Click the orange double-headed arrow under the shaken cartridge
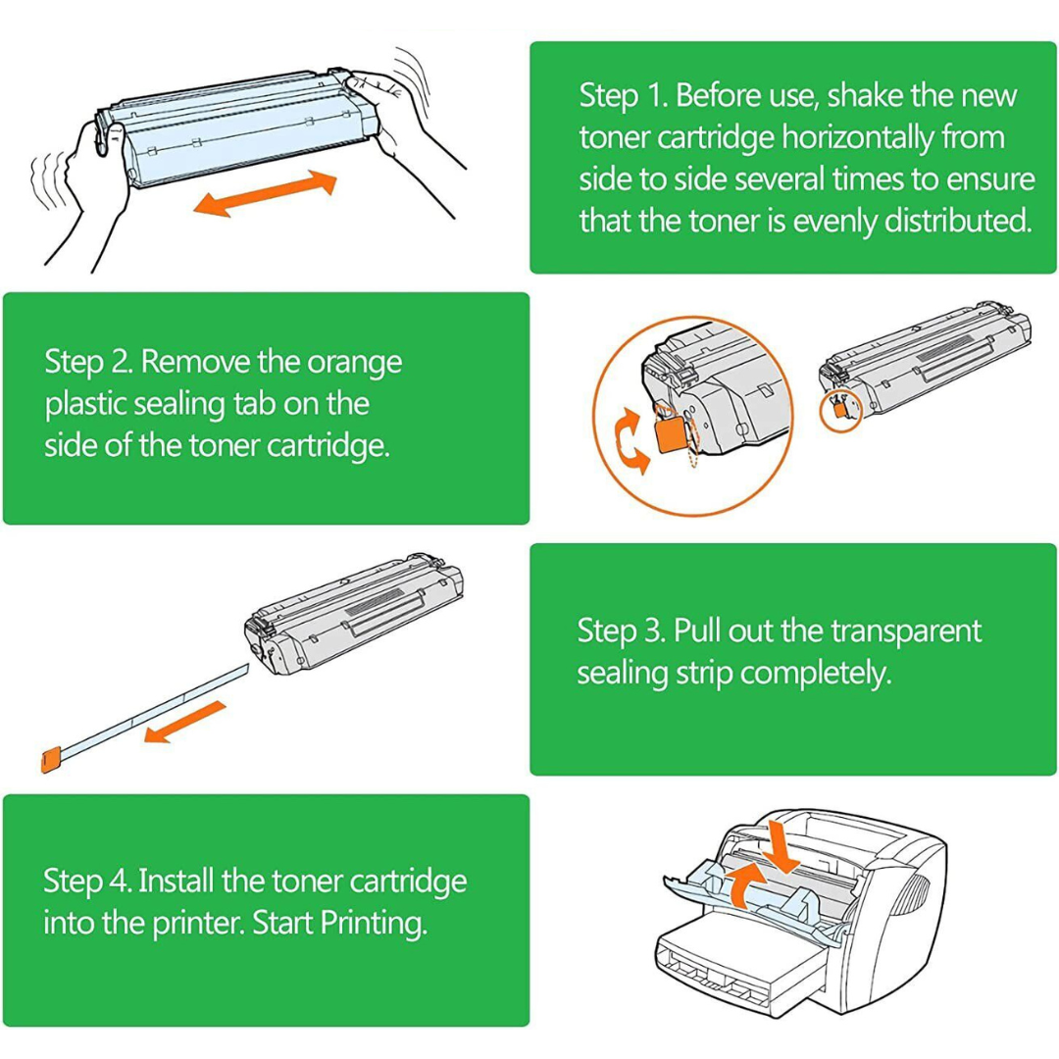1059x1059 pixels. [266, 193]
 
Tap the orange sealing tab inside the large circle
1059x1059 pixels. [672, 433]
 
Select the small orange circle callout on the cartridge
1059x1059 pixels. [840, 411]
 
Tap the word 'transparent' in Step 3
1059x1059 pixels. [906, 631]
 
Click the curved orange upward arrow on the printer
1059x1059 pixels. [747, 883]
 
